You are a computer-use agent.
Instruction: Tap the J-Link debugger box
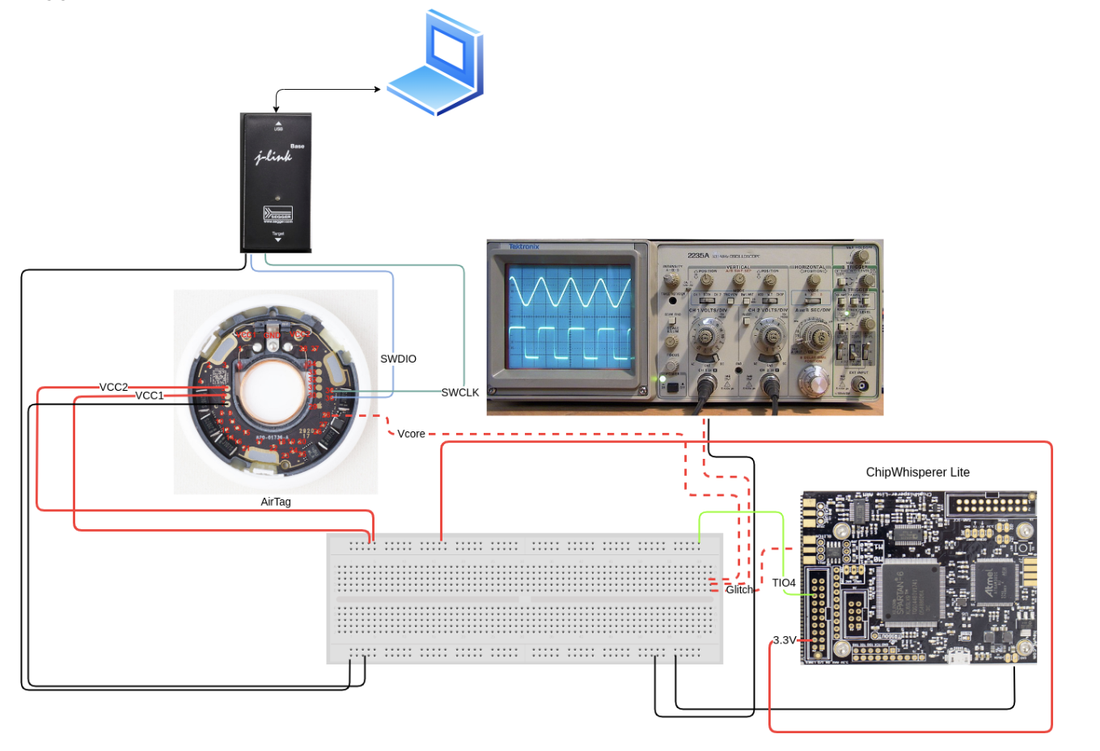[276, 183]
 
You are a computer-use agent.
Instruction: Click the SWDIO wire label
[398, 359]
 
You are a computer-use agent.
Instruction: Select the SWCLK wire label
[459, 392]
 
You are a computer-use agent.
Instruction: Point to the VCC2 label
[113, 387]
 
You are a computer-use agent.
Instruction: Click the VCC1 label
[149, 396]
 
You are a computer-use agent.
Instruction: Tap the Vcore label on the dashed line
[411, 434]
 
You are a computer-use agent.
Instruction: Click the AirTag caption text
[275, 502]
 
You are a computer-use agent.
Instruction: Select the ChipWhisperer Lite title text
[917, 472]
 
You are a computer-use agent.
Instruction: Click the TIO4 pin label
[783, 583]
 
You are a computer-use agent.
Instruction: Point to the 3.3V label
[784, 640]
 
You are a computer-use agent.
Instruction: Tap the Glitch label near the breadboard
[738, 590]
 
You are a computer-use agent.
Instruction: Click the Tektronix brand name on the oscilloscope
[524, 247]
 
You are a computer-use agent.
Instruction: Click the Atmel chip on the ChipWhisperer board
[990, 583]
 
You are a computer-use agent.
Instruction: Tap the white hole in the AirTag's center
[275, 392]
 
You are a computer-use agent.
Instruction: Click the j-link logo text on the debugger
[273, 156]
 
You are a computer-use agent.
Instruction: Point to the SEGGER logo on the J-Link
[277, 214]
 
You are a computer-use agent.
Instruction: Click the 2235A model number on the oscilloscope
[698, 255]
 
